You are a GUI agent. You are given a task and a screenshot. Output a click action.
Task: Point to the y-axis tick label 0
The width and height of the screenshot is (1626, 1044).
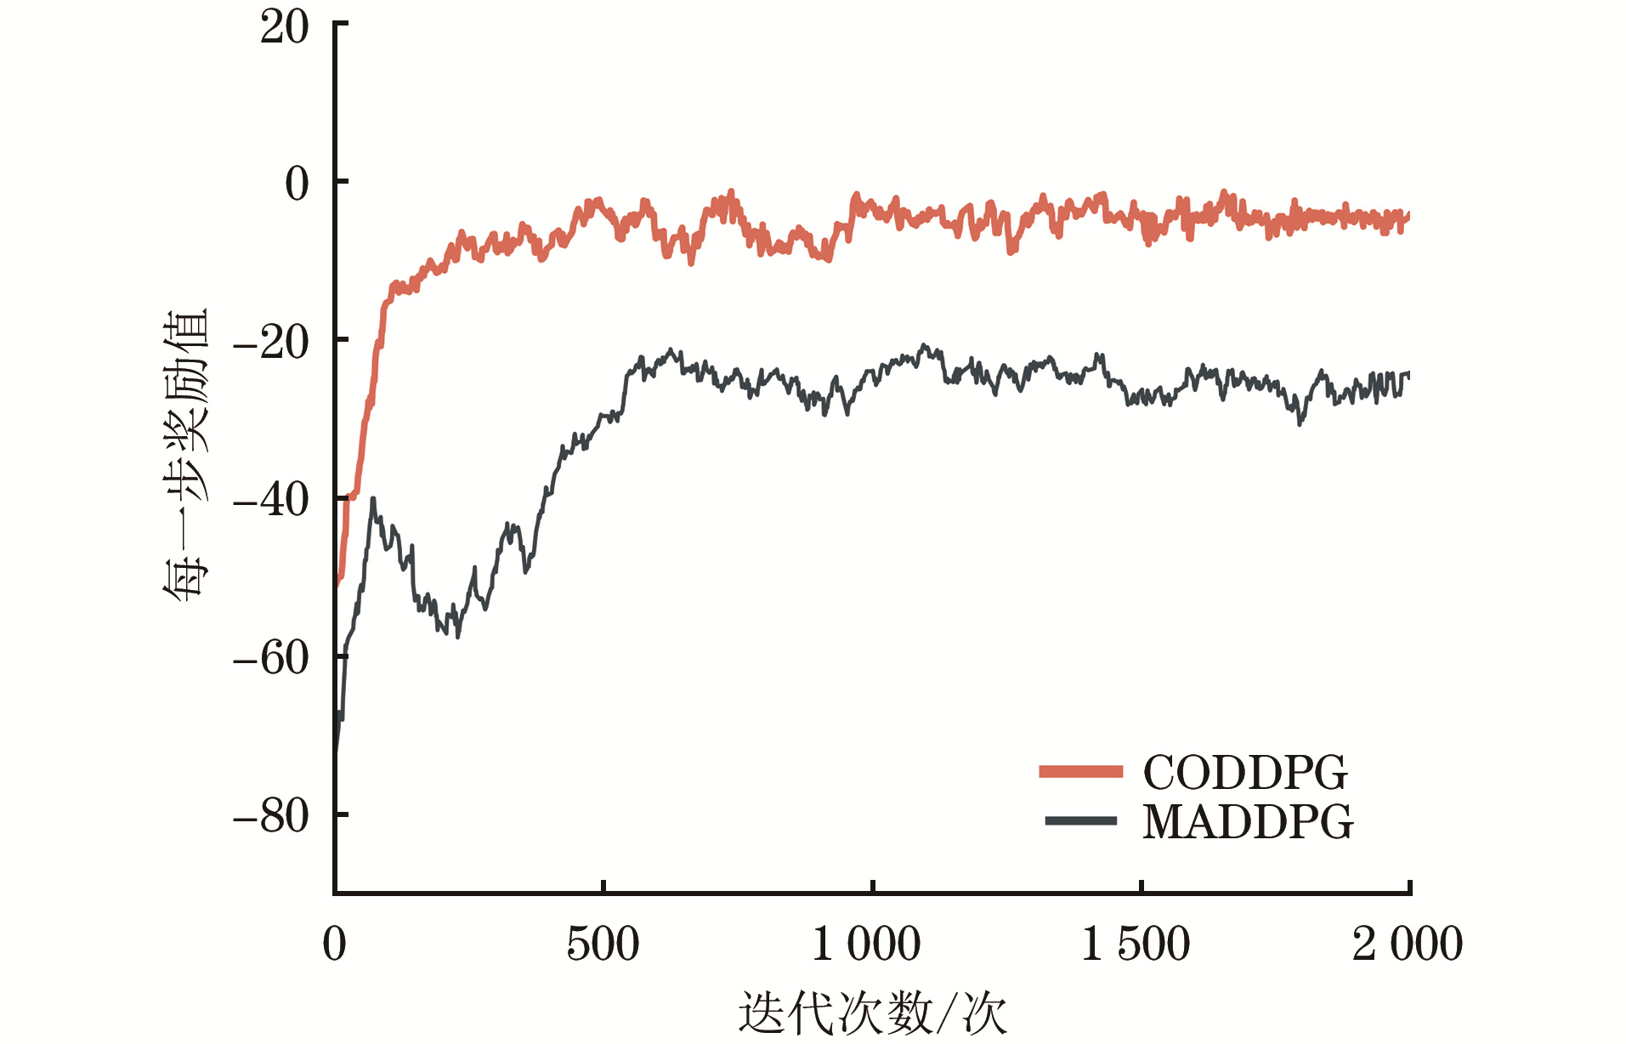pos(297,184)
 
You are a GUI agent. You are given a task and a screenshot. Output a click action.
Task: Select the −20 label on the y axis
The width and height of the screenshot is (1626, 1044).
pos(270,342)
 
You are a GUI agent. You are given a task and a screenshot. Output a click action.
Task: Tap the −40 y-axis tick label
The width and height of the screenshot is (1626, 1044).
pos(270,500)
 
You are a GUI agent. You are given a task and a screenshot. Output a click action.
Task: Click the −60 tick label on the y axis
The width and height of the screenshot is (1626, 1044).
pos(270,658)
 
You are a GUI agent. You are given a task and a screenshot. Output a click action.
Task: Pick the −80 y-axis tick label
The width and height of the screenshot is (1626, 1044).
pos(270,816)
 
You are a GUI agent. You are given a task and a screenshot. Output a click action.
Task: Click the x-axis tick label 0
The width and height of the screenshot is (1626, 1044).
pos(335,944)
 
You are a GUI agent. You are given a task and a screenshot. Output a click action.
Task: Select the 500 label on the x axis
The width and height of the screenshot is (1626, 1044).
pos(603,944)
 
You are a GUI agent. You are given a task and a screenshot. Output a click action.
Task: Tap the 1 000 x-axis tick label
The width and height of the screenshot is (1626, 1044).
pos(866,944)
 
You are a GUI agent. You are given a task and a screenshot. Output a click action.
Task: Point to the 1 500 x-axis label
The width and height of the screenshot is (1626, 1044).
pos(1136,944)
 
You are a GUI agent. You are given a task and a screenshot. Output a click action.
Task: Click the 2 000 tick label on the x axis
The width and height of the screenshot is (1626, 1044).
pos(1407,944)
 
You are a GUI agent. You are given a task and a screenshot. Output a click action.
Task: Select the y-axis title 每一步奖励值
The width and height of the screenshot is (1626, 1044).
pos(185,455)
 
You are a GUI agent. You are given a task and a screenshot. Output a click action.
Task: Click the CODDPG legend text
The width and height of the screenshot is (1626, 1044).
pos(1245,772)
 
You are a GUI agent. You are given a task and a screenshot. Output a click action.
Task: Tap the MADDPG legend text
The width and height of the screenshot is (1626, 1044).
pos(1247,821)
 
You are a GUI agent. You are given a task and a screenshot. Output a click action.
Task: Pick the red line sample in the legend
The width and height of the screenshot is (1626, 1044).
pos(1080,772)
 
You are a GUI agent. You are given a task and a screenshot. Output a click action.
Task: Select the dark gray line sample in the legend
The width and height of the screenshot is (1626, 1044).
pos(1080,821)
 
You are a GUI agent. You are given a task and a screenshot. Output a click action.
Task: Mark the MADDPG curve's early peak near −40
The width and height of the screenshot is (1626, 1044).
pos(372,499)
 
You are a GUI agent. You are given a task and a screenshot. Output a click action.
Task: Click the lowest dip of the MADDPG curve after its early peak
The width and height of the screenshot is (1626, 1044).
pos(457,635)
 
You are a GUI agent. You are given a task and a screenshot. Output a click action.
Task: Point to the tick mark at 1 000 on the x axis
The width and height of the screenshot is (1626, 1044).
pos(872,888)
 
